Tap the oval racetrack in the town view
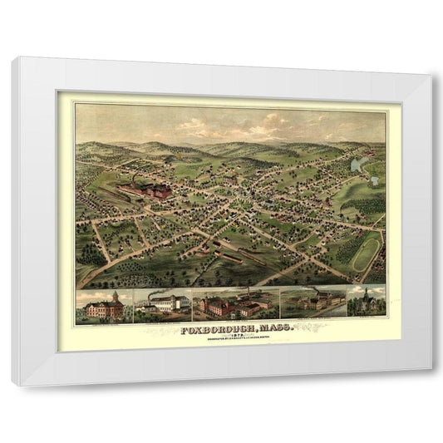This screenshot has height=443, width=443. coord(366,252)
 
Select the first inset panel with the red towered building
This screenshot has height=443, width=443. coord(101,307)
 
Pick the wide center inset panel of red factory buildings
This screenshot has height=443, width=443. coord(235,306)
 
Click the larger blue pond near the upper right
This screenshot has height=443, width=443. coord(357,163)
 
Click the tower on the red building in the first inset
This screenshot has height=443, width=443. coord(115,296)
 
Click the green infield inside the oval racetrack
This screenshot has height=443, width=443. coord(366,252)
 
